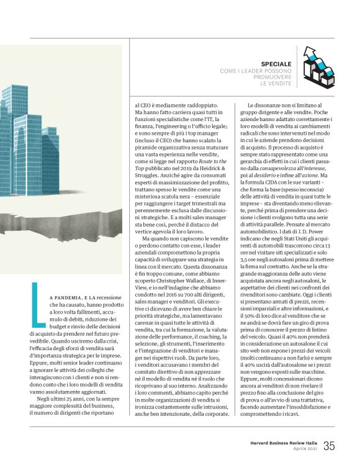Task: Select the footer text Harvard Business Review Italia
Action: pos(281,442)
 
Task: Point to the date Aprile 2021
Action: pos(306,449)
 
